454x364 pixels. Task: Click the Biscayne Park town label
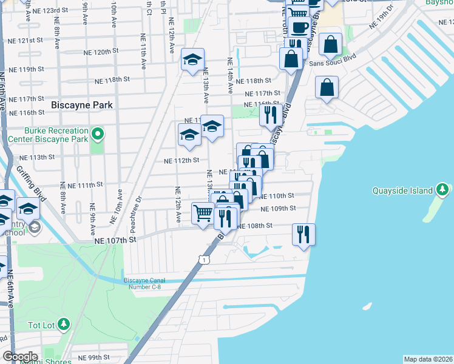click(82, 105)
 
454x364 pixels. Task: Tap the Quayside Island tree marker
click(443, 190)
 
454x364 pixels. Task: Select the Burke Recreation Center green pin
click(97, 133)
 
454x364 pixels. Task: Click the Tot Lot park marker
click(64, 325)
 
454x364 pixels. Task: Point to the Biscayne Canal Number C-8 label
click(144, 283)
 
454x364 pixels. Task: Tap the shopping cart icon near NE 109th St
click(203, 212)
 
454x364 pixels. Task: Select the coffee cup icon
click(299, 27)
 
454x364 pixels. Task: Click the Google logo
click(21, 357)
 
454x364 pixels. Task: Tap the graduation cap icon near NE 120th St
click(193, 60)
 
